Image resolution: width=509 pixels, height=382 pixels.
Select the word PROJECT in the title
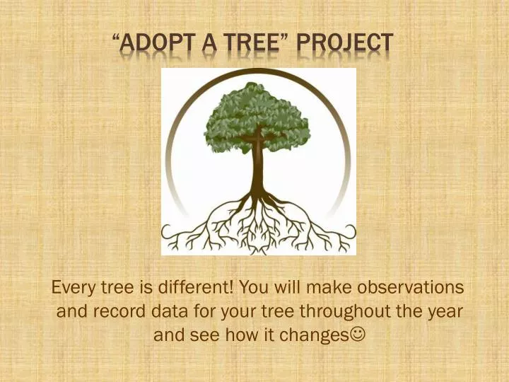pyautogui.click(x=344, y=43)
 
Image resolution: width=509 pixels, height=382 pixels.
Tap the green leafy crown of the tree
pyautogui.click(x=256, y=113)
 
